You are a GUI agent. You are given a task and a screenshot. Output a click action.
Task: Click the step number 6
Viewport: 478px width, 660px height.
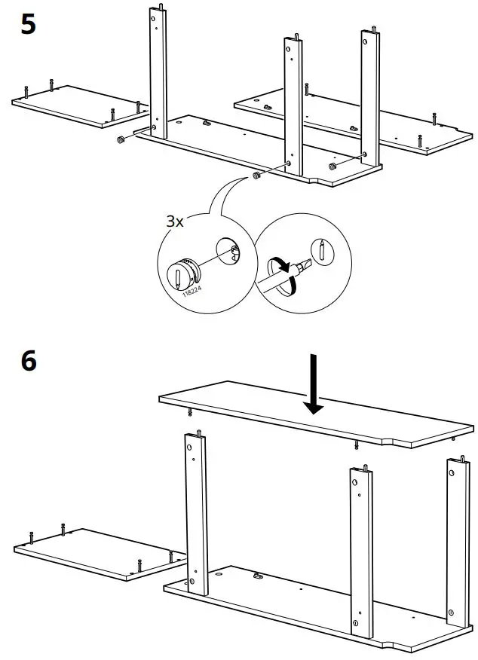pos(28,361)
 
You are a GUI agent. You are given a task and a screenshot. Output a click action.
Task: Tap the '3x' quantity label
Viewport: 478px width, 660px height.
pos(174,222)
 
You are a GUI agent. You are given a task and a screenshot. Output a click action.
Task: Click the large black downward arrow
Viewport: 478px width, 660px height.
pos(314,384)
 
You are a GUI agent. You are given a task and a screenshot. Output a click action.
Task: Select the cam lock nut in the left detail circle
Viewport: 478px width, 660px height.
pos(181,273)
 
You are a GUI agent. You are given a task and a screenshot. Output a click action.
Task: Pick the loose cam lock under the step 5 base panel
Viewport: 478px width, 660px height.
pos(256,176)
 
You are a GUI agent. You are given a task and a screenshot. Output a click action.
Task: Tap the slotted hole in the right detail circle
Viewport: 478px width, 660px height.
pos(323,249)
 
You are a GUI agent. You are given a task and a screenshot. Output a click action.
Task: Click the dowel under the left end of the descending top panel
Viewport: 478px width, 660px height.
pos(189,413)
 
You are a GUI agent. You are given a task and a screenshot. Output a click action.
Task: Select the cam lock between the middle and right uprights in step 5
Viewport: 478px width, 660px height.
pos(332,165)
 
